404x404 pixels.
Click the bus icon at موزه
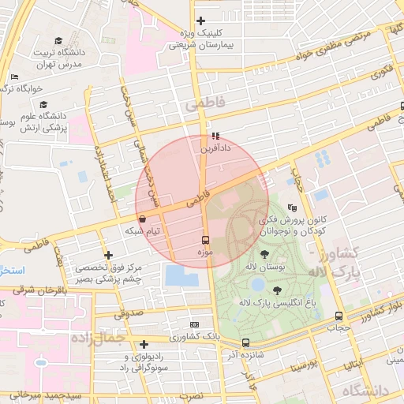pos(206,239)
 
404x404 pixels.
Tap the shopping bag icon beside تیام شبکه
pos(142,219)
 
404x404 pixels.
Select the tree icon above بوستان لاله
pos(264,254)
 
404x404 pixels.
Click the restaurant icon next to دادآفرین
pos(215,136)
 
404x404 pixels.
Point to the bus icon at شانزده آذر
pos(246,343)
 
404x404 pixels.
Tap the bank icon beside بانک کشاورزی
pos(194,324)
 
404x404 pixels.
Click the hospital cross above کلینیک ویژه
pos(201,21)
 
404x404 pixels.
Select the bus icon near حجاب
pos(339,316)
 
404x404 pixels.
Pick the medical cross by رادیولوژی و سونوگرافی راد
pos(144,344)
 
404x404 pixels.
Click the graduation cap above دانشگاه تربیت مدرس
pos(60,40)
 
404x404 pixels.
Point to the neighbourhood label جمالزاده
pos(99,338)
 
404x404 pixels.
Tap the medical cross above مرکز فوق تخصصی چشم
pos(108,255)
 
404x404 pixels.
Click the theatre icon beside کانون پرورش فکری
pos(294,208)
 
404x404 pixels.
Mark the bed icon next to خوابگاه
pos(15,77)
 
